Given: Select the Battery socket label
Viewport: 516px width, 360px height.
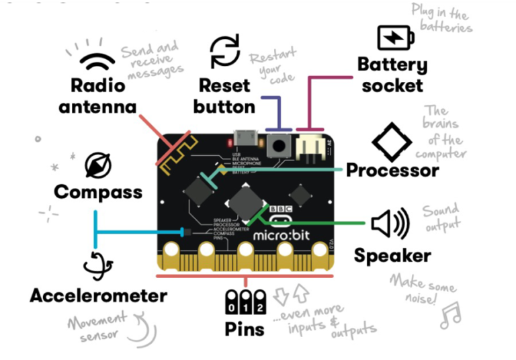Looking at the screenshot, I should point(391,75).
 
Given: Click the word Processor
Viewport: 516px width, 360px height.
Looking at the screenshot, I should point(392,170).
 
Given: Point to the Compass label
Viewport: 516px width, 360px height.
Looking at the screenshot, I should point(98,192).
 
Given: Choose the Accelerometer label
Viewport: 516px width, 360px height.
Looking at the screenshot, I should point(98,296).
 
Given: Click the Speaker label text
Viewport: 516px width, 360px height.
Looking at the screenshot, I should point(392,255).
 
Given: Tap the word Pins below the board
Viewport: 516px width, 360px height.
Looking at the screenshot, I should point(245,329).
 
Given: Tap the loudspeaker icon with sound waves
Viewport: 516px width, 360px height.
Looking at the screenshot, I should point(390,224).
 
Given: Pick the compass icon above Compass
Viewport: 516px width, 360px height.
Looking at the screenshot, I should point(98,165).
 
